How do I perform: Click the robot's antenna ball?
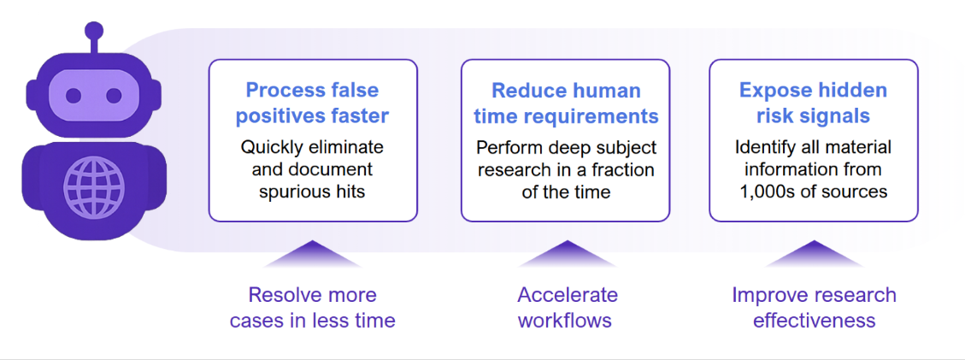(x=94, y=31)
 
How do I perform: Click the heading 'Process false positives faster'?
(x=312, y=103)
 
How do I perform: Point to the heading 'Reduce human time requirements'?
(x=566, y=103)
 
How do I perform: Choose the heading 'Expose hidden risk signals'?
(x=813, y=103)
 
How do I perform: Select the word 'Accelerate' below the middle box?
(x=567, y=295)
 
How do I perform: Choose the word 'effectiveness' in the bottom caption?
(x=814, y=321)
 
